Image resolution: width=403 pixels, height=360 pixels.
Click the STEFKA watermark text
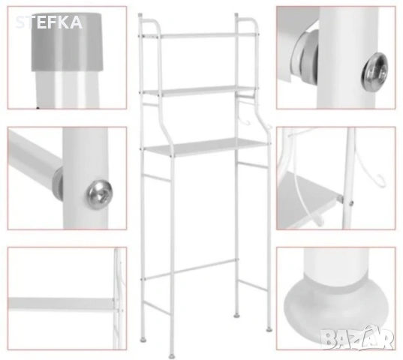49,22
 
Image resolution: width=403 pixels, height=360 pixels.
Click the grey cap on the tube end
67,42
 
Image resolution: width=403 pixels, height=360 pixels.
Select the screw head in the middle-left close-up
100,194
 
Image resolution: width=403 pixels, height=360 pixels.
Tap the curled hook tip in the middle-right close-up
381,181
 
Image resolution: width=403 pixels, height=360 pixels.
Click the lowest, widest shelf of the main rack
206,147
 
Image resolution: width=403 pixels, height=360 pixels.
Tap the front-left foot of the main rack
171,356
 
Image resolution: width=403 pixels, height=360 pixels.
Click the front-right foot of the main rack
269,329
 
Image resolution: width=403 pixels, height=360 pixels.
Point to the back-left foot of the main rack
143,340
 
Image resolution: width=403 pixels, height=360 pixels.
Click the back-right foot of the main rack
236,315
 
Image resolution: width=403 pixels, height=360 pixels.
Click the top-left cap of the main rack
140,16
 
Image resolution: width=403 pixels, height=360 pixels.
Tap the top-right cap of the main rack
236,16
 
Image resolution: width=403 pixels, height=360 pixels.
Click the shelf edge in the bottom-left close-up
61,304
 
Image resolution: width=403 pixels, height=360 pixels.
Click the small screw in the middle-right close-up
351,203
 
